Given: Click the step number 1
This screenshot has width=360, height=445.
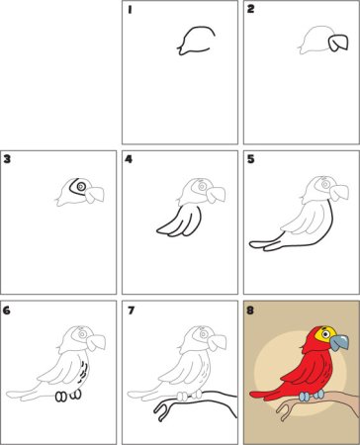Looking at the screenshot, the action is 130,10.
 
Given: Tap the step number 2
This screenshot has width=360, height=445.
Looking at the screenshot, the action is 251,9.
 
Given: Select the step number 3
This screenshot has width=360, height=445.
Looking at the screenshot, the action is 7,159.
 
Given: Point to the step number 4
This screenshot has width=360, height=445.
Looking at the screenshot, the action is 129,159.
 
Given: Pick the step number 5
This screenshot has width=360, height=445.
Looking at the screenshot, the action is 251,159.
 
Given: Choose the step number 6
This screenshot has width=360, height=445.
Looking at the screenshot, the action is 7,311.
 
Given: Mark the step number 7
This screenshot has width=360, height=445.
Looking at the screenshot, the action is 131,311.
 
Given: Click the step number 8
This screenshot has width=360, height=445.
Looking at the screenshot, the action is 250,311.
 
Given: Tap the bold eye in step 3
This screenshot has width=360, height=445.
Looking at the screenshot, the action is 81,187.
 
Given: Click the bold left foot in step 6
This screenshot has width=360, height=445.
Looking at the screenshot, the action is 60,397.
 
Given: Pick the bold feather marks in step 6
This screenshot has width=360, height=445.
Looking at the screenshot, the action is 83,371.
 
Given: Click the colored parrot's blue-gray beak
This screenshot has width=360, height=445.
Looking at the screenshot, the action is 339,343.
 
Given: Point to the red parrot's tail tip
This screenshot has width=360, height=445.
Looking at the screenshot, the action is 252,394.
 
